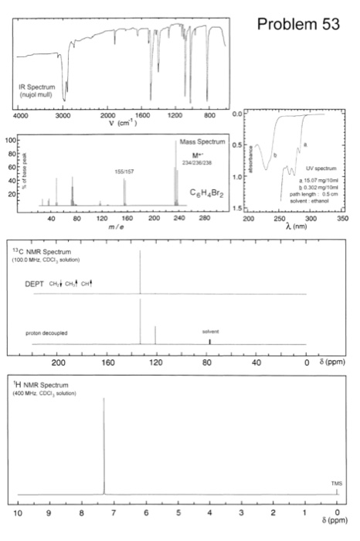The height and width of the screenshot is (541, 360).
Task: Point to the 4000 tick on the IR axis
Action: point(20,114)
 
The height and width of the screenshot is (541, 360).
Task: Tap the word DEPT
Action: point(35,284)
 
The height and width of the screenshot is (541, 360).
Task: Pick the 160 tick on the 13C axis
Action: point(108,361)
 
